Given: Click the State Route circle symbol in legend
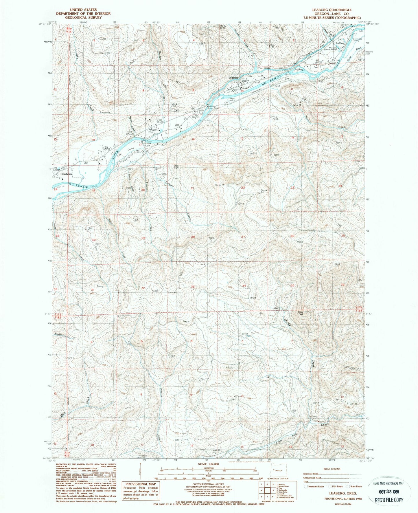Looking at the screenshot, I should click(348, 486).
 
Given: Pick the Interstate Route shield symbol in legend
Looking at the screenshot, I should click(305, 486).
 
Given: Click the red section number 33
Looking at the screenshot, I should click(193, 287).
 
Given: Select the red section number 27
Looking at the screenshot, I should click(243, 237).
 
